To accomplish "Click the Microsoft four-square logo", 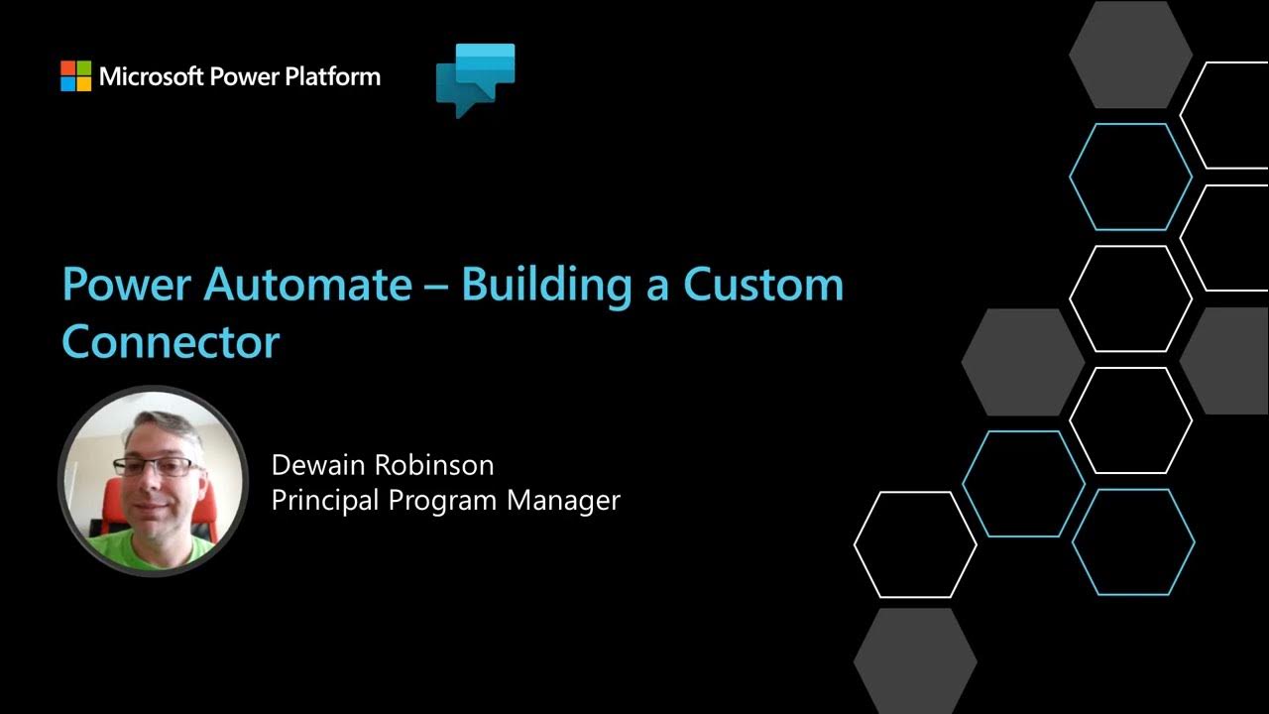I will tap(75, 76).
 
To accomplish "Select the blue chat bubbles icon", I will tap(475, 79).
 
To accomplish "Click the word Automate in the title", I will tap(306, 286).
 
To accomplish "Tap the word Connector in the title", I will tap(171, 342).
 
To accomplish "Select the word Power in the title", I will tap(127, 286).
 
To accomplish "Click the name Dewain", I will tap(319, 465).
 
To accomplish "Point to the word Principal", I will tap(325, 500).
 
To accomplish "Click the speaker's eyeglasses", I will tap(156, 466).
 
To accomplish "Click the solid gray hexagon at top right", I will tap(1129, 55).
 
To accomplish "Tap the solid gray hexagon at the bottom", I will tap(914, 659).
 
